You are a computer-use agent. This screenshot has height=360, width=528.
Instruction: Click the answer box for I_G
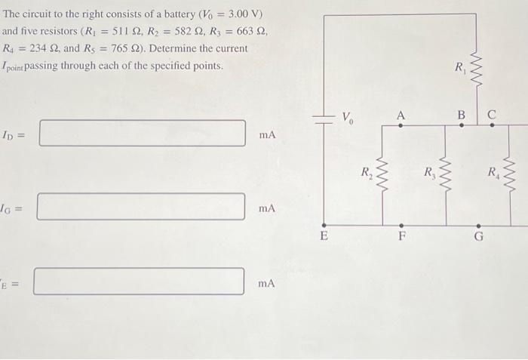pyautogui.click(x=141, y=206)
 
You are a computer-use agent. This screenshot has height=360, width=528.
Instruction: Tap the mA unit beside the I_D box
pyautogui.click(x=267, y=134)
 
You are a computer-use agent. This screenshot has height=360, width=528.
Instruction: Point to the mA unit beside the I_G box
pyautogui.click(x=267, y=207)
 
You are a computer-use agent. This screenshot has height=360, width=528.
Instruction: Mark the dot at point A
pyautogui.click(x=401, y=125)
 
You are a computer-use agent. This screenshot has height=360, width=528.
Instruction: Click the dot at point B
pyautogui.click(x=462, y=125)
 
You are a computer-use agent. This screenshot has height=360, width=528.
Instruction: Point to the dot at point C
pyautogui.click(x=492, y=125)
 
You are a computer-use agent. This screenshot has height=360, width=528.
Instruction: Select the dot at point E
pyautogui.click(x=324, y=224)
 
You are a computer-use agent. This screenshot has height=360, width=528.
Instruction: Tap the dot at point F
pyautogui.click(x=401, y=224)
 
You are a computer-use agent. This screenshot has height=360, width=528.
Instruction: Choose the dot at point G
pyautogui.click(x=478, y=224)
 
